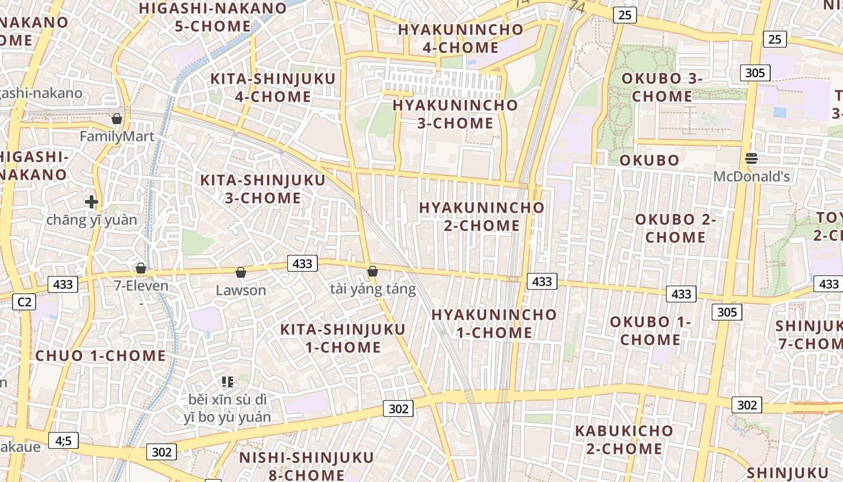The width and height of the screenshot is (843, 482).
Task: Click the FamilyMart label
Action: [117, 137]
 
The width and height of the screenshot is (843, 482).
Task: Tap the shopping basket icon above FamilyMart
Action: [117, 119]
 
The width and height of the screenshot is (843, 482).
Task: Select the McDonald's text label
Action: [751, 177]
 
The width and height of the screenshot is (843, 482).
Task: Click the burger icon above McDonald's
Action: [751, 158]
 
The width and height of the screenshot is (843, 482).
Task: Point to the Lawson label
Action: [241, 290]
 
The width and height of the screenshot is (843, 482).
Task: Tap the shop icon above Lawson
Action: [241, 273]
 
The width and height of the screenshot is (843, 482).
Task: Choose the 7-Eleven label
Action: [141, 286]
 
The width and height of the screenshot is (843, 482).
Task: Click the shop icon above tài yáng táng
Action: [373, 271]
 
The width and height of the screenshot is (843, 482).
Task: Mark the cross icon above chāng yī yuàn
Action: [92, 202]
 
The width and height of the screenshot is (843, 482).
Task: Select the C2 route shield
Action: [24, 302]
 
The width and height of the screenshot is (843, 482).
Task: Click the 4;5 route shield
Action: [63, 441]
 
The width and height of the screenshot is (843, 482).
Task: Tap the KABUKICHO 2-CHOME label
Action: [624, 440]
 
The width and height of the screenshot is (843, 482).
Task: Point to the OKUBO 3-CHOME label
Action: [662, 87]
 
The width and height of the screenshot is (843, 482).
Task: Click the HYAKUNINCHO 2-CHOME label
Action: [482, 216]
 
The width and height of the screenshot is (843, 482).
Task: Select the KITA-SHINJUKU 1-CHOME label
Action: [343, 338]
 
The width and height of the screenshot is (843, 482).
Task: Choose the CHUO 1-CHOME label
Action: [101, 355]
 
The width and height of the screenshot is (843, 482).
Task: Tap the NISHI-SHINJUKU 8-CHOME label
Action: [291, 466]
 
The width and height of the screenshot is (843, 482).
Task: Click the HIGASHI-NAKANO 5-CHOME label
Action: [213, 17]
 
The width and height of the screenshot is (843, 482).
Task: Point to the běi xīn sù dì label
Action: [228, 399]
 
